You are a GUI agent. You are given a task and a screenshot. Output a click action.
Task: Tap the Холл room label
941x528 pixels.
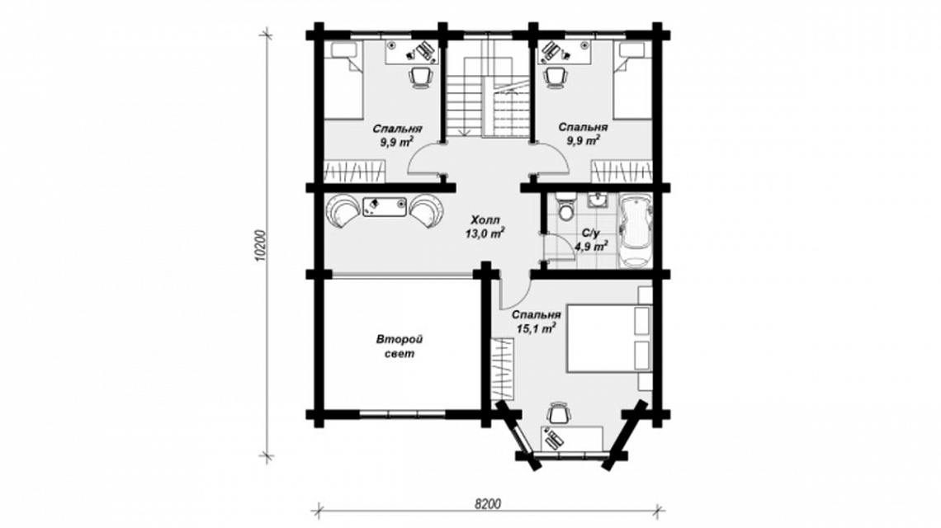(485, 219)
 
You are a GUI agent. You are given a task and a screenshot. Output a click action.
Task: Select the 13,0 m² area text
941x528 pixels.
(485, 233)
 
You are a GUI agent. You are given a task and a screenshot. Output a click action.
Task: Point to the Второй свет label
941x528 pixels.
(399, 346)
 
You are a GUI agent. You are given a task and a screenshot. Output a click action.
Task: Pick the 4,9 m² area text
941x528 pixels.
(591, 245)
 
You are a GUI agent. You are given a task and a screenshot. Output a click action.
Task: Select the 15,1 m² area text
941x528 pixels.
(536, 328)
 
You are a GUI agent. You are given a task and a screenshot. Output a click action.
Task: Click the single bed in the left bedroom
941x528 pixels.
(343, 81)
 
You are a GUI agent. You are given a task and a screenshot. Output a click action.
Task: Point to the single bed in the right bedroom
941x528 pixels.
(633, 81)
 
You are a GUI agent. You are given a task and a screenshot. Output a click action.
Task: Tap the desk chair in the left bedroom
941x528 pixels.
(420, 77)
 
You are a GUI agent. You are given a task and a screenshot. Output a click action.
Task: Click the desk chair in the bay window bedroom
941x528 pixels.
(558, 412)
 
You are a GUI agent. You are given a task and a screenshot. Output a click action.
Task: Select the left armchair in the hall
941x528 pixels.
(342, 210)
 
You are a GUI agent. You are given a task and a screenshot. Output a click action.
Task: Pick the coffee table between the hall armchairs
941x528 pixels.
(385, 205)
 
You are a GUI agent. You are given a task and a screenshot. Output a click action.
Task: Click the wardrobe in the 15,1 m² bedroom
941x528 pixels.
(503, 369)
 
